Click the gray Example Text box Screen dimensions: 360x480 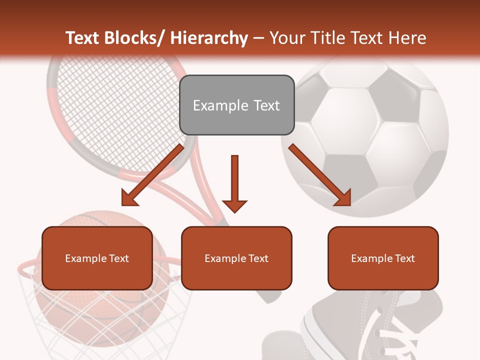click(x=236, y=105)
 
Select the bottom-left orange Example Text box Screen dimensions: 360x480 click(x=97, y=258)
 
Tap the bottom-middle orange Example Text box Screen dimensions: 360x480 click(x=236, y=258)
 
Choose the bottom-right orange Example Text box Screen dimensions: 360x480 click(x=383, y=258)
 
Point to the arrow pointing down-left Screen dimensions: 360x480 click(x=152, y=175)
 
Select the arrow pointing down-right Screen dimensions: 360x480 click(x=320, y=175)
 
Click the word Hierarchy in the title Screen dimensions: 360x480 click(x=208, y=38)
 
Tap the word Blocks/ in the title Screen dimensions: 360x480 click(x=132, y=38)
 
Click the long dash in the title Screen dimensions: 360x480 click(x=258, y=38)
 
